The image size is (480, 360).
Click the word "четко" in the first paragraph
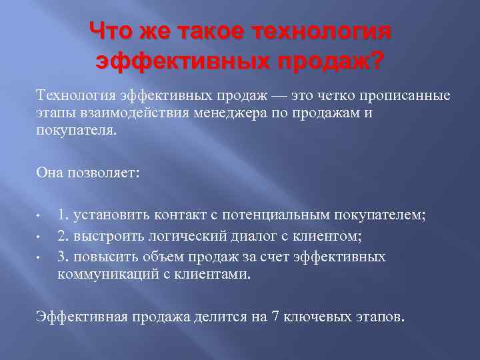click(x=321, y=96)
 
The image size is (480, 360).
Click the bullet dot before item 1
click(x=40, y=217)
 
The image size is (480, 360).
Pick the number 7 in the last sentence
click(x=275, y=315)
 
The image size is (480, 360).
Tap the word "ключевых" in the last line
click(x=315, y=315)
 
